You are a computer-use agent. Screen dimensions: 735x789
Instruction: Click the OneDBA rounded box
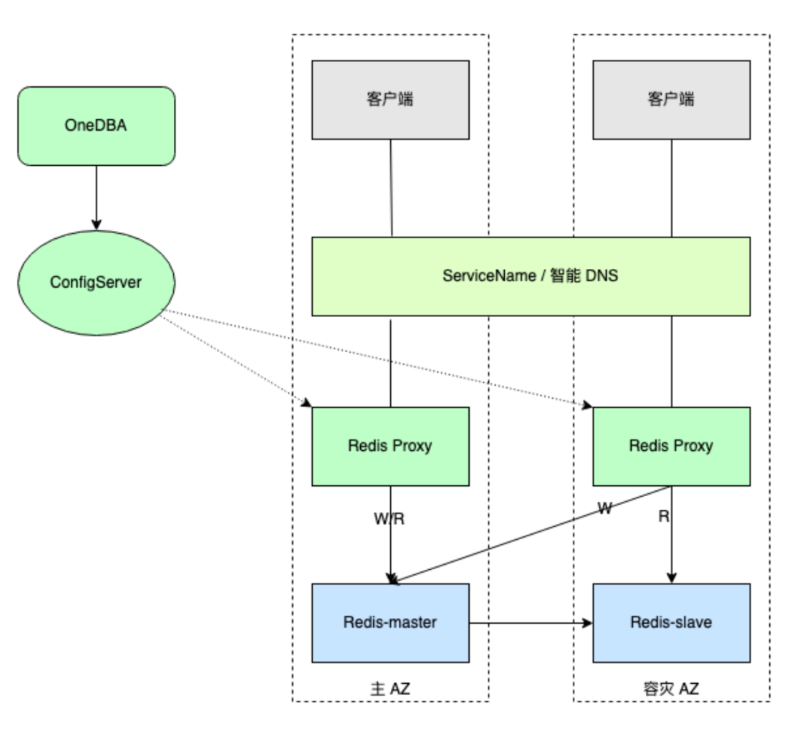point(96,126)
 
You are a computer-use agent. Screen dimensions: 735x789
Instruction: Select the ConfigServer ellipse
point(96,282)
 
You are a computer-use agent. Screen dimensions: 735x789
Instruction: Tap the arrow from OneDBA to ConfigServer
point(96,197)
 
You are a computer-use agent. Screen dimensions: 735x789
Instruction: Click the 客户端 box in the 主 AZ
point(390,99)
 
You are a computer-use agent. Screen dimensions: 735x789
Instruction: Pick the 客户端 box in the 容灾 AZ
point(671,99)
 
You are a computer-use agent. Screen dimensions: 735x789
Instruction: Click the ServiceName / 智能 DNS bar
point(530,276)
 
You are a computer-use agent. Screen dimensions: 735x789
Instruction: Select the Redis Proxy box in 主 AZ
point(390,446)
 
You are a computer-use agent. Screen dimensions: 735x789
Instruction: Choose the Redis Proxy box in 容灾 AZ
point(671,446)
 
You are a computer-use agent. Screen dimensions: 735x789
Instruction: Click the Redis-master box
point(390,622)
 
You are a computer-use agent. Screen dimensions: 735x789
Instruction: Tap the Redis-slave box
point(671,622)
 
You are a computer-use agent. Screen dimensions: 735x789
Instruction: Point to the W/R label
point(390,519)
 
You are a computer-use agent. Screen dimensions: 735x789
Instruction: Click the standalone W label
point(605,509)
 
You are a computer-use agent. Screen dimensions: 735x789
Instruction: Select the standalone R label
point(664,516)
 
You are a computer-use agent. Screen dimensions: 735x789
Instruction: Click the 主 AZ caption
point(391,688)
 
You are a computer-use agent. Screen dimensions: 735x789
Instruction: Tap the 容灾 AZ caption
point(670,688)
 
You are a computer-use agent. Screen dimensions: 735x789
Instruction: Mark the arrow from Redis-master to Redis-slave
point(530,623)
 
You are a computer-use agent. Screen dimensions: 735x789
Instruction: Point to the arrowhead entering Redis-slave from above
point(671,578)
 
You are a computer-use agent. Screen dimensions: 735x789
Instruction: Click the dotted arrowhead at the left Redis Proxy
point(307,403)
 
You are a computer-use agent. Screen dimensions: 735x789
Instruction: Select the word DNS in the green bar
point(603,276)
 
